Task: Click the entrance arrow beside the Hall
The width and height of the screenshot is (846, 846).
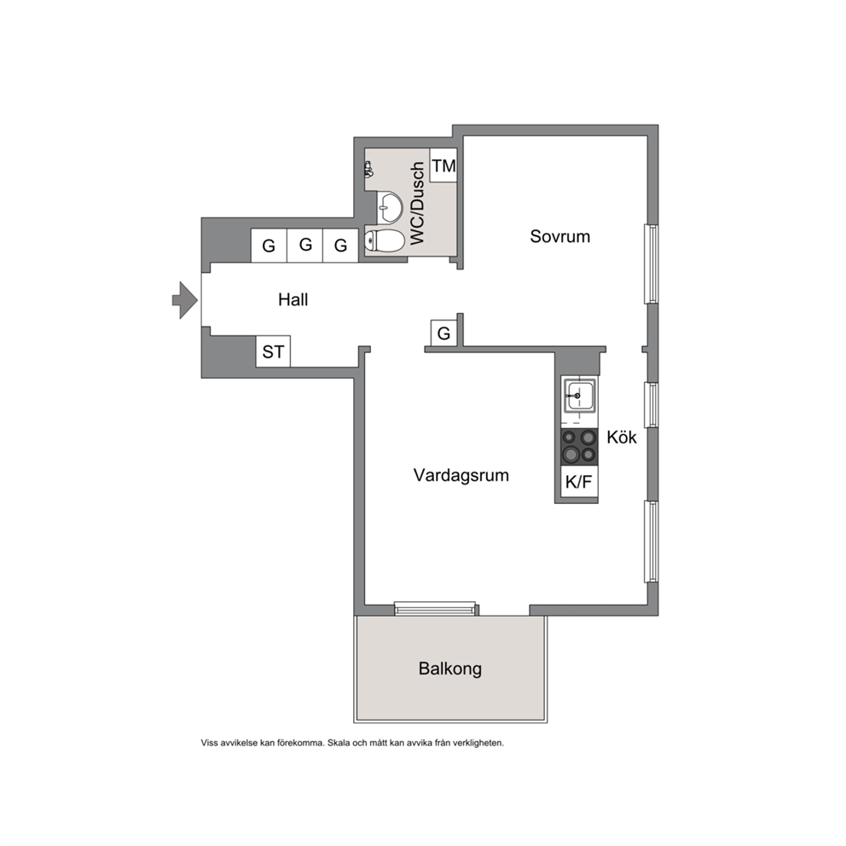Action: pyautogui.click(x=185, y=300)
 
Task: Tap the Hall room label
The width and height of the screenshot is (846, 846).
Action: pyautogui.click(x=293, y=299)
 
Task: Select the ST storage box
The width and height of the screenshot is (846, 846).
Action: pyautogui.click(x=273, y=351)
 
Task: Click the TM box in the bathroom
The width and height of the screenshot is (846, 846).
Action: pyautogui.click(x=443, y=165)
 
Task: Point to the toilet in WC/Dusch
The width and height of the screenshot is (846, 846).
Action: pyautogui.click(x=384, y=240)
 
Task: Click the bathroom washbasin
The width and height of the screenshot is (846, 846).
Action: pyautogui.click(x=389, y=207)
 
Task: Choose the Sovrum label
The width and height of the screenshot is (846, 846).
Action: pyautogui.click(x=560, y=236)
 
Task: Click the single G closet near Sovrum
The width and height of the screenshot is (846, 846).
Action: pyautogui.click(x=444, y=333)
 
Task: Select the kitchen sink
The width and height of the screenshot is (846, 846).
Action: pyautogui.click(x=579, y=396)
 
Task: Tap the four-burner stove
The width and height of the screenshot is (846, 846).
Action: pyautogui.click(x=579, y=447)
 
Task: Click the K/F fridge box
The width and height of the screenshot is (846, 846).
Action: pyautogui.click(x=579, y=481)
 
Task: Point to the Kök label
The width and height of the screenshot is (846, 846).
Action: pyautogui.click(x=622, y=437)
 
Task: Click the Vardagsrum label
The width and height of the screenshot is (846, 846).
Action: pyautogui.click(x=461, y=475)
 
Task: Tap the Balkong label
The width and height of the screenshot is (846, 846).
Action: pyautogui.click(x=450, y=669)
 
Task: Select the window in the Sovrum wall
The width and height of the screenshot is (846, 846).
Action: pyautogui.click(x=652, y=264)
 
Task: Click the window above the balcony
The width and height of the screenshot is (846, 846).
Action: pyautogui.click(x=437, y=609)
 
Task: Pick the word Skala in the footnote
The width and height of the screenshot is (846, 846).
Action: pyautogui.click(x=339, y=743)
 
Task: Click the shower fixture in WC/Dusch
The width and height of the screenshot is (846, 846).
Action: pyautogui.click(x=368, y=170)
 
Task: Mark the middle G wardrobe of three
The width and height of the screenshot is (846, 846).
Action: pyautogui.click(x=305, y=245)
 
